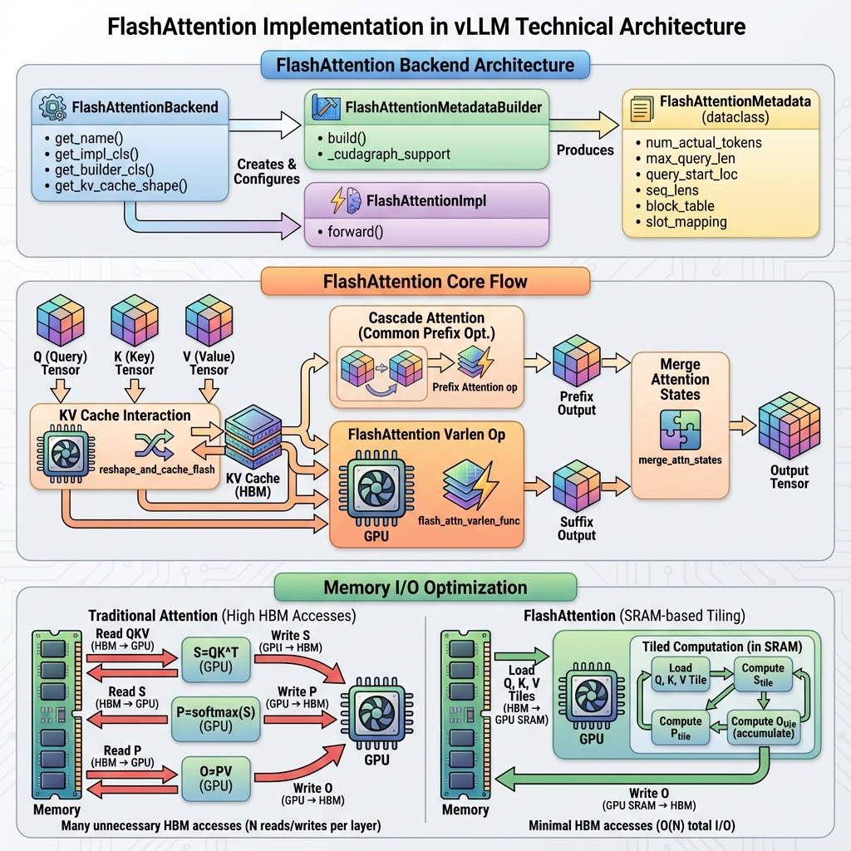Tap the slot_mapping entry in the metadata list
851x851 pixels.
[686, 222]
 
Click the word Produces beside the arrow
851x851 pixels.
[585, 150]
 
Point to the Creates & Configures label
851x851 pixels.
[266, 171]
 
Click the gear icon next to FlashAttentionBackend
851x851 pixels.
[54, 106]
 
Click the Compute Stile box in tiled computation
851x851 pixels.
[763, 674]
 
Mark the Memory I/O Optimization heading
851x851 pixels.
[425, 588]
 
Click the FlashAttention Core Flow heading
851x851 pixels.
[425, 282]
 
